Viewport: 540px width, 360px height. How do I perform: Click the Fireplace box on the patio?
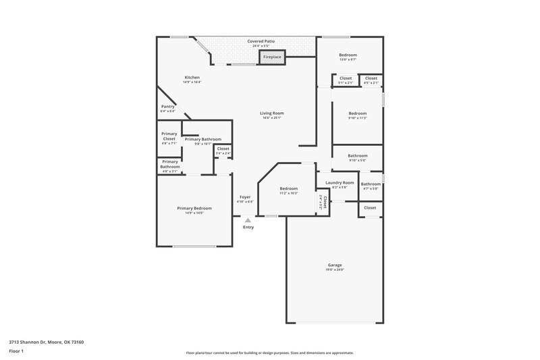[272, 58]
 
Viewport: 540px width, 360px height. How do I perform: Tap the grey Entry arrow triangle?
[248, 220]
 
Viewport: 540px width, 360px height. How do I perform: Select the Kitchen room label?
[192, 78]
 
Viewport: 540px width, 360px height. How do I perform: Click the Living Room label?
[272, 113]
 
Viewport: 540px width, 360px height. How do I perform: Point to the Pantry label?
[168, 106]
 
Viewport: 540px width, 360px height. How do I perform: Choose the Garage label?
[335, 265]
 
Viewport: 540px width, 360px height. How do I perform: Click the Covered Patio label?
[260, 41]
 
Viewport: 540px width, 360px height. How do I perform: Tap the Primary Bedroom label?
[194, 208]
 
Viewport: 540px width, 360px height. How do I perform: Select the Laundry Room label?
[340, 182]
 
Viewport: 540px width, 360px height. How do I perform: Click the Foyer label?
[245, 197]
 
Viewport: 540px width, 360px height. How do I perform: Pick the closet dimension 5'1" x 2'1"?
[345, 83]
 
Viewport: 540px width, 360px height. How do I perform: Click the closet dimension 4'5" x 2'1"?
[371, 83]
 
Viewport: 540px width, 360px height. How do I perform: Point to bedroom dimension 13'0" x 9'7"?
[348, 59]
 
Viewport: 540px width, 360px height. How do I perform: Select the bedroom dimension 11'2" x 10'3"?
[289, 193]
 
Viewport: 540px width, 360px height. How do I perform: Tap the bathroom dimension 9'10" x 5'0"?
[357, 160]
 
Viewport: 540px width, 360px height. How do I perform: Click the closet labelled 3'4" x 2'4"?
[223, 153]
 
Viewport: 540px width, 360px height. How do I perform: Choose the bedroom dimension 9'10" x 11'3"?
[357, 118]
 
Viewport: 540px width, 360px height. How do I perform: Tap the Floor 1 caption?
[16, 352]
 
